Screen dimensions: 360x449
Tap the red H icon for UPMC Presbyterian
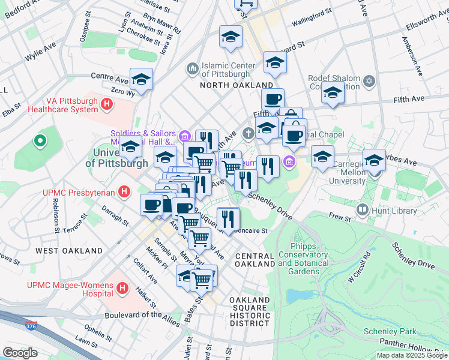124,192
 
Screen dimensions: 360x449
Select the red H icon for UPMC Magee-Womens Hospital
122,288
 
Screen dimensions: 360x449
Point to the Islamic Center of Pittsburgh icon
193,69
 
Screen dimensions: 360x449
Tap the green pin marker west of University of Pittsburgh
40,142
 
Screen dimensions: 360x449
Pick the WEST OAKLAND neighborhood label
68,250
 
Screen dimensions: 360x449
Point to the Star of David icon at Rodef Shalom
369,80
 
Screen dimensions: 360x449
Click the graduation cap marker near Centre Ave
141,80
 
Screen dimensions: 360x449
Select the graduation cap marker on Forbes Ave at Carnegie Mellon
374,160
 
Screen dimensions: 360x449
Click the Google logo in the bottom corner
20,353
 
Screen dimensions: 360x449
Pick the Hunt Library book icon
363,209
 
